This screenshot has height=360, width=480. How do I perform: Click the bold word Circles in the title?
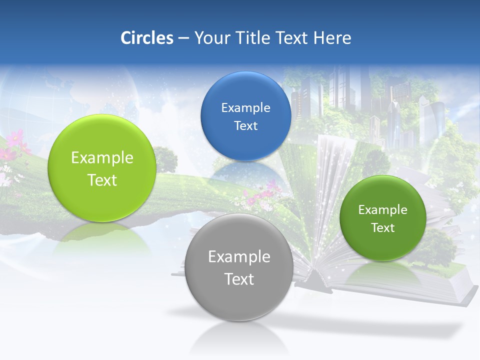tap(146, 38)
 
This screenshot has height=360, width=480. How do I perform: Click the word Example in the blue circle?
tap(245, 107)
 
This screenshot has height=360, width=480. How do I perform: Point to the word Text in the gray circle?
tap(239, 279)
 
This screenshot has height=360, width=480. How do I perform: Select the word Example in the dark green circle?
tap(383, 209)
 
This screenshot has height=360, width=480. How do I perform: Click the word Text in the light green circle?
tap(102, 180)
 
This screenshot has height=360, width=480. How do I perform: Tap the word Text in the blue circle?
tap(245, 125)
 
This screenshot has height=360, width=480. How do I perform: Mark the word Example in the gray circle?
tap(239, 257)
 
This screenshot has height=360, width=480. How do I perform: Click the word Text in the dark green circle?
tap(383, 227)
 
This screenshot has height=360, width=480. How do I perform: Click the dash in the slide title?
tap(183, 38)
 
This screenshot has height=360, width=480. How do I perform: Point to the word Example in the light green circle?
tap(102, 158)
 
